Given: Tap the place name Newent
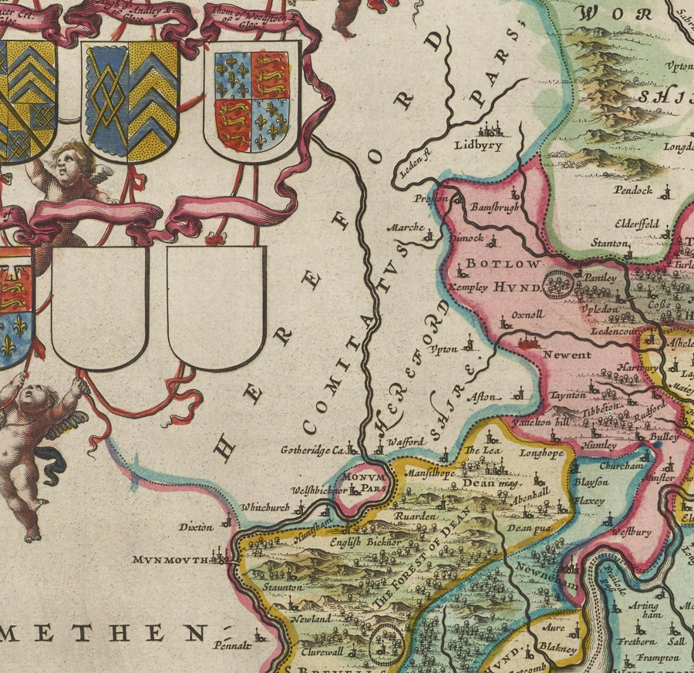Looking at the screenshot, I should pos(567,355).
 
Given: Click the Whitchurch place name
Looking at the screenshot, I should pos(264,508).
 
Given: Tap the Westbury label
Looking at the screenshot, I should pos(632,531).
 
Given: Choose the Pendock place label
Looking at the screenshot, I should pos(633,190).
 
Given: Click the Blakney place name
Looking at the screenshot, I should pos(558,650).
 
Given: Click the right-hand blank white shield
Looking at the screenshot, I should pos(217,306).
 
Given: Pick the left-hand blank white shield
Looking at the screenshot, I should pos(99,306).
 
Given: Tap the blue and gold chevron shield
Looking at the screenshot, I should pos(131,100).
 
